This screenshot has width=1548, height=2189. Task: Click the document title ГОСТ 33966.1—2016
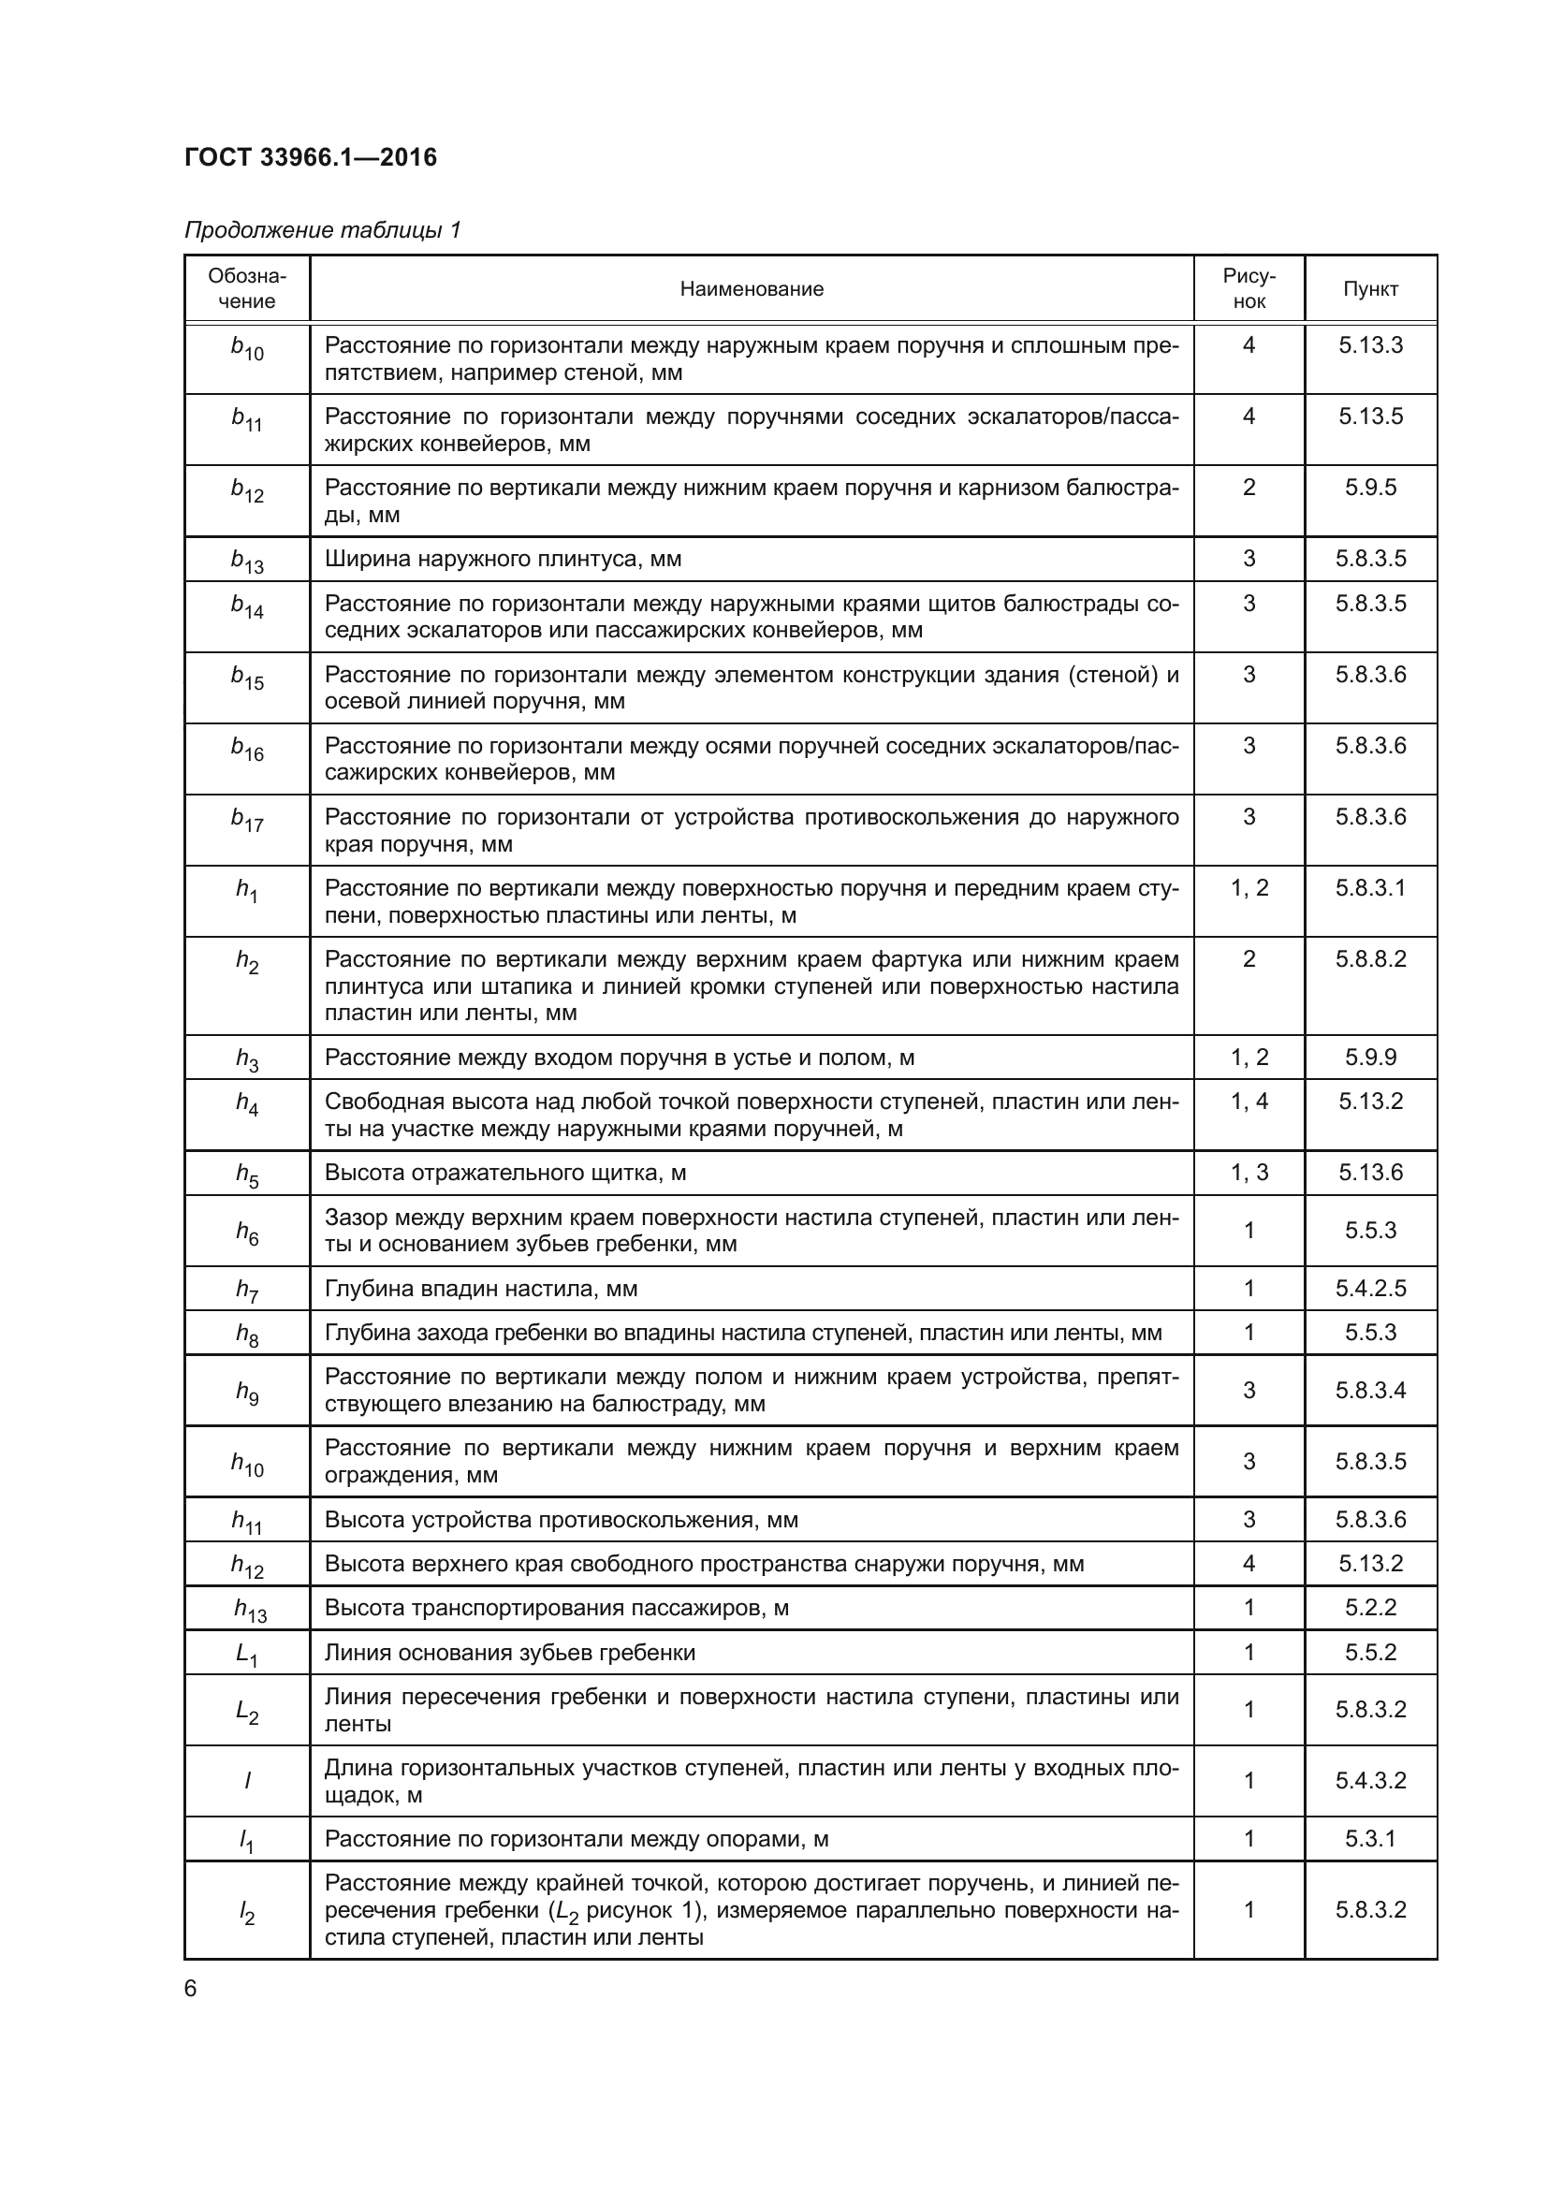pos(311,157)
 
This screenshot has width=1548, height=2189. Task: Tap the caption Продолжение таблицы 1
pos(322,230)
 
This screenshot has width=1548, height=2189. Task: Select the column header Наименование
pos(752,289)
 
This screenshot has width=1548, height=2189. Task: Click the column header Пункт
pos(1370,289)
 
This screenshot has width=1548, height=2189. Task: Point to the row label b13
pos(247,561)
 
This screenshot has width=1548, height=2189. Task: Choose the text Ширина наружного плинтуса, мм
pos(504,559)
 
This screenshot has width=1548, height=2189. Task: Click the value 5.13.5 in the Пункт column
pos(1370,416)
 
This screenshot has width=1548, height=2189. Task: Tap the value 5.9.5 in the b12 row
pos(1370,488)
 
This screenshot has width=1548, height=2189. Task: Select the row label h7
pos(247,1290)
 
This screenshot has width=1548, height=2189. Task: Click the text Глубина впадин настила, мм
pos(481,1289)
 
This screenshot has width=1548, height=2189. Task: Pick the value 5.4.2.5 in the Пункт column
pos(1370,1289)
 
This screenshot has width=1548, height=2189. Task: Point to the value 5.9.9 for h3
pos(1370,1058)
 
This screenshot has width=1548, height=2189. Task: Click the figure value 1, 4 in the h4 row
pos(1249,1102)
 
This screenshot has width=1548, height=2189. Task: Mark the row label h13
pos(250,1610)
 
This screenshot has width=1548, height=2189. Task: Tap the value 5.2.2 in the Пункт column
pos(1370,1608)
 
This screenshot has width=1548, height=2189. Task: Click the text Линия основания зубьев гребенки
pos(510,1652)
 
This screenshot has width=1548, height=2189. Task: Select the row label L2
pos(247,1712)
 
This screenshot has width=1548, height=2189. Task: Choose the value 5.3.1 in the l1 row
pos(1370,1838)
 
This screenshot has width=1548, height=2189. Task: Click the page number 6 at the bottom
pos(191,1989)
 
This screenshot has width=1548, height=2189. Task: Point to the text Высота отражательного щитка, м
pos(505,1173)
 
